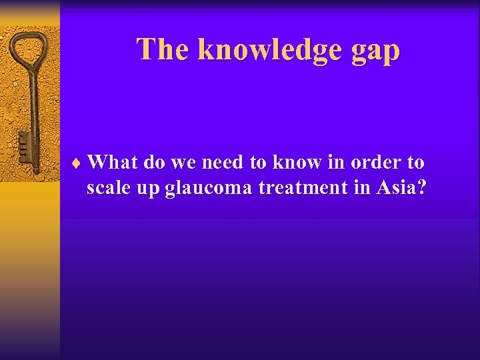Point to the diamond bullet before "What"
click(x=79, y=163)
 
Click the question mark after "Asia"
click(x=419, y=188)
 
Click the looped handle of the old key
click(x=28, y=49)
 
